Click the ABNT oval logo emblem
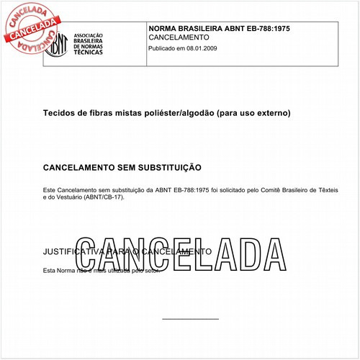(58, 44)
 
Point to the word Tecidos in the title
(60, 114)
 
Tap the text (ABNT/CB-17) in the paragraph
(103, 197)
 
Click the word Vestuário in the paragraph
(66, 197)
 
